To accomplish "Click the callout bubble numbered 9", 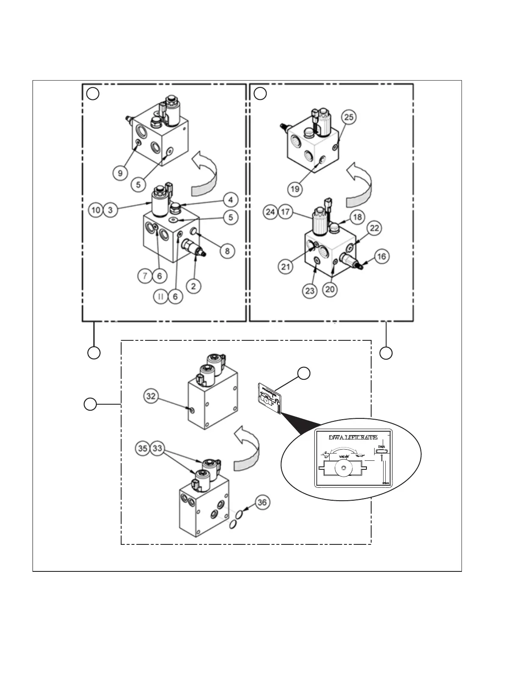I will [x=120, y=173].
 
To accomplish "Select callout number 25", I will [x=349, y=117].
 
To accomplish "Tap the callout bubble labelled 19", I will [x=295, y=188].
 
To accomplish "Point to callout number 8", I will [x=227, y=250].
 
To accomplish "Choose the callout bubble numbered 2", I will [x=194, y=285].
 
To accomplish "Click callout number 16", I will [x=381, y=256].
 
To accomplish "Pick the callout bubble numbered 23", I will [x=310, y=291].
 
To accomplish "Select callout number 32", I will [x=151, y=396].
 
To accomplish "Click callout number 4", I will [x=230, y=199].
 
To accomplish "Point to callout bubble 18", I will [x=357, y=217].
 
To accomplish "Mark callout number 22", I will [x=374, y=228].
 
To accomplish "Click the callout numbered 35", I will [x=143, y=448].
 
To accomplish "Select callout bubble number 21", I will [x=286, y=267].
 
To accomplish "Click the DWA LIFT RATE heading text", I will [x=353, y=438].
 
